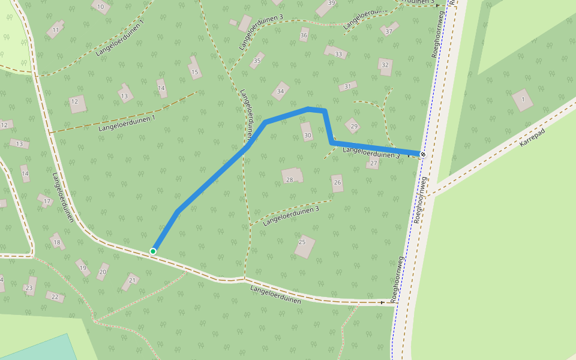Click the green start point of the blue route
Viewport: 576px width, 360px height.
click(x=153, y=251)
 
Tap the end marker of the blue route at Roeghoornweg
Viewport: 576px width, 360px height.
click(x=423, y=154)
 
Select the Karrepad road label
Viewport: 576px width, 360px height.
click(x=533, y=140)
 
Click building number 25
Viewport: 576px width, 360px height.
click(x=304, y=245)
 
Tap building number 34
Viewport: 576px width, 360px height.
click(x=280, y=91)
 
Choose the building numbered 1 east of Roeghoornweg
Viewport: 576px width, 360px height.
click(x=523, y=100)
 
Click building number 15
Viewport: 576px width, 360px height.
click(x=194, y=70)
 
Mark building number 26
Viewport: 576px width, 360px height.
click(x=337, y=183)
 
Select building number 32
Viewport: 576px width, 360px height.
click(x=385, y=66)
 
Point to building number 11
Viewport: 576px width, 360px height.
click(x=56, y=29)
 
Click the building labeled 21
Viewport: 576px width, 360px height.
click(x=131, y=280)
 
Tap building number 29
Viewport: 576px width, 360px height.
click(x=353, y=126)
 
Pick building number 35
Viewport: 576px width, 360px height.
click(x=257, y=61)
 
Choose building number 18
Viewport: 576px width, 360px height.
click(x=58, y=242)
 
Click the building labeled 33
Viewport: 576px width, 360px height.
click(x=337, y=53)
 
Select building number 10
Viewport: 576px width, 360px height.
click(x=101, y=7)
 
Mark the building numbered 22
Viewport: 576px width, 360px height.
click(x=55, y=296)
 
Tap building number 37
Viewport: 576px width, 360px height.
click(x=389, y=30)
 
